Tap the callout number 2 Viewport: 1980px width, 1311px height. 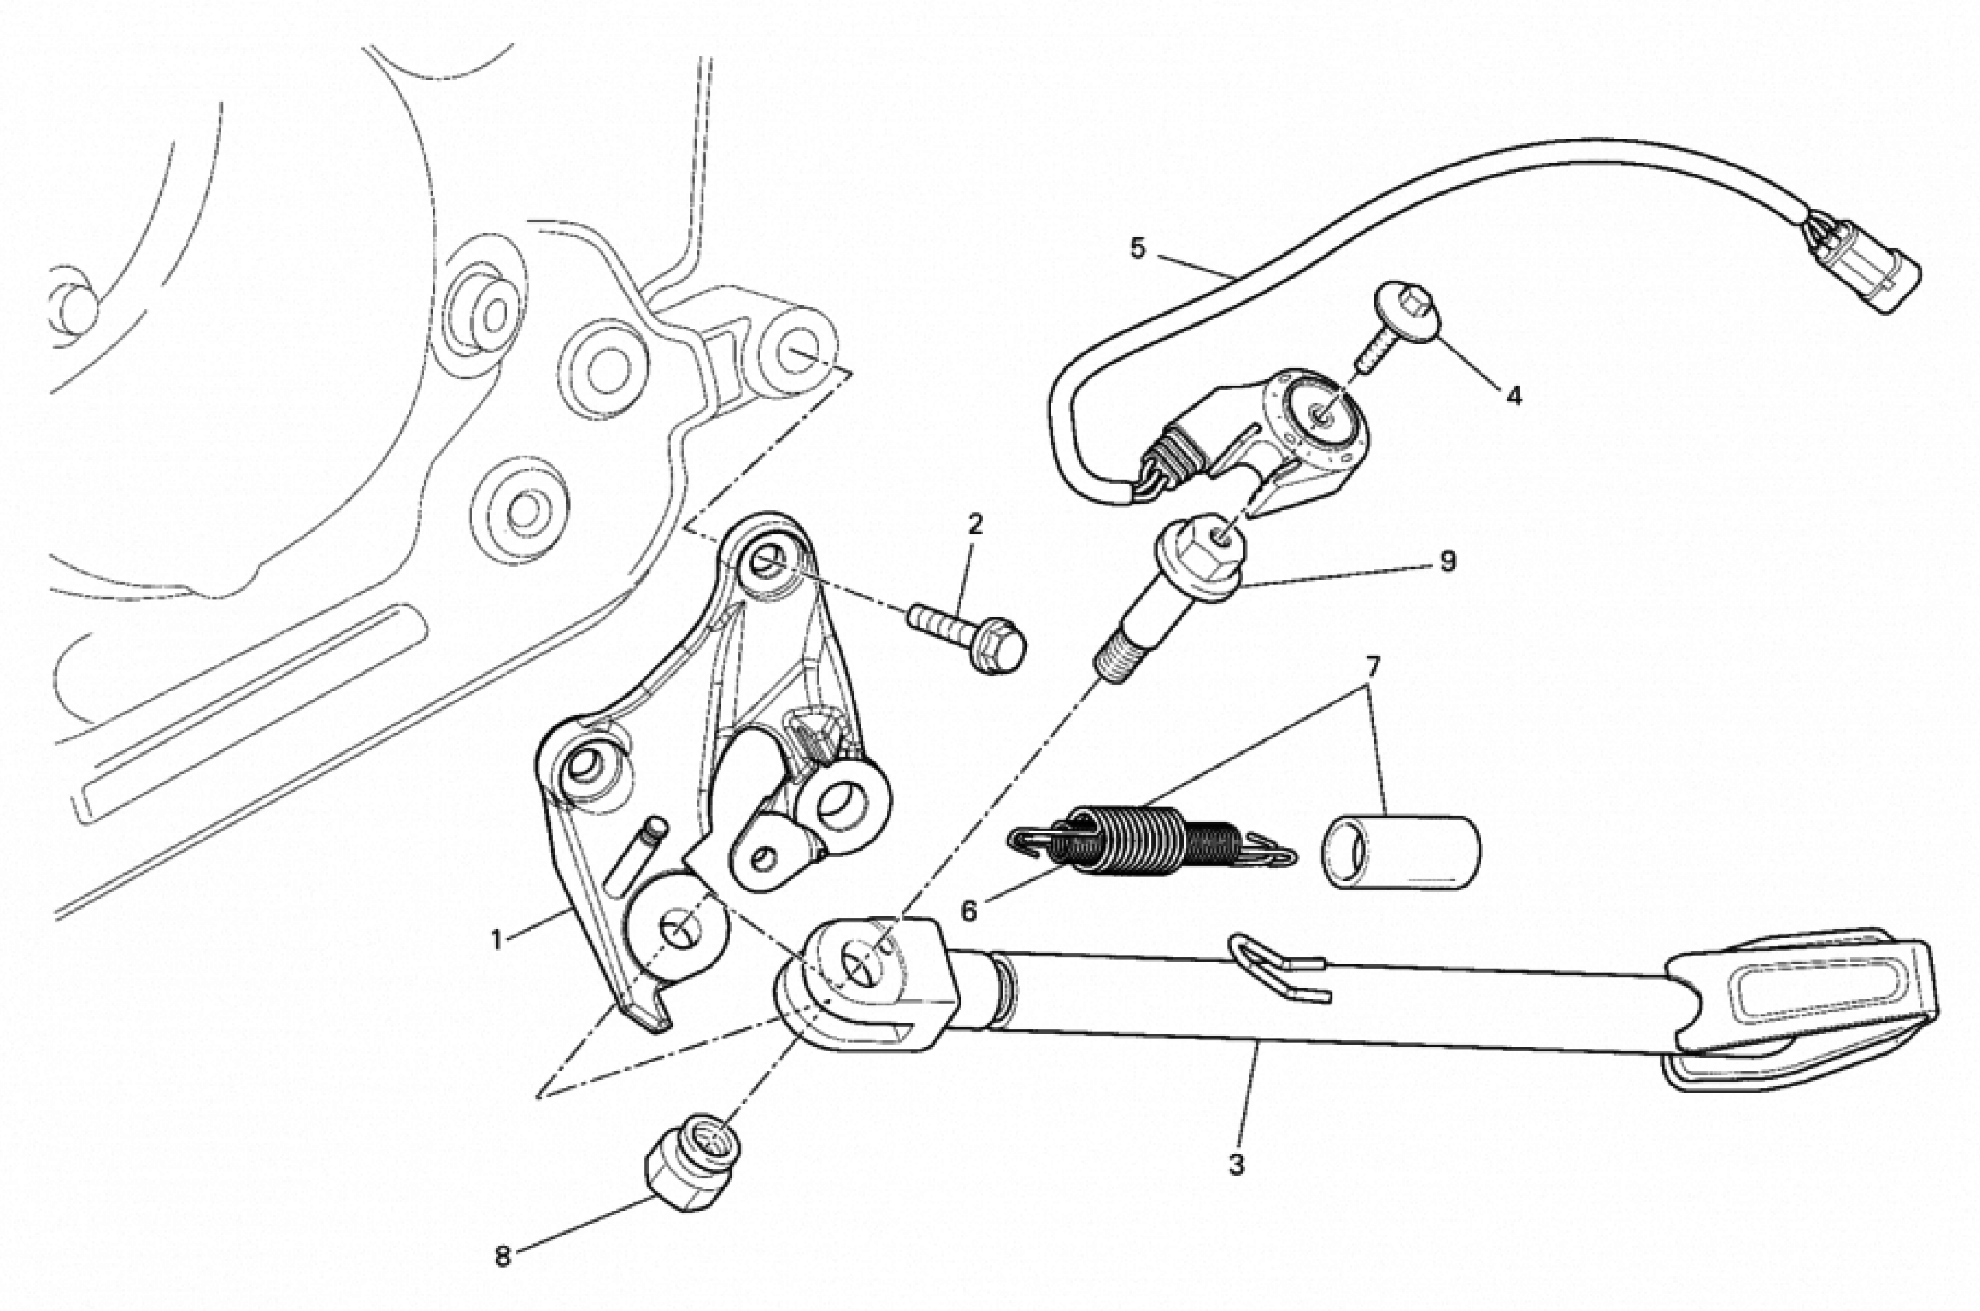974,524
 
